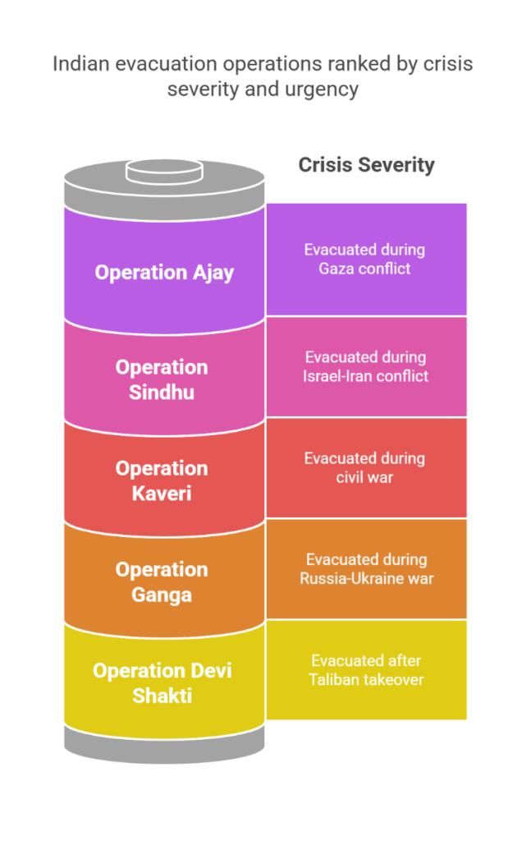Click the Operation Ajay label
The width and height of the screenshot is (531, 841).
[x=164, y=272]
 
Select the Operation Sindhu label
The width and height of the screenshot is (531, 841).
[x=161, y=379]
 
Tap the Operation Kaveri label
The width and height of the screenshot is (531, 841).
[x=161, y=480]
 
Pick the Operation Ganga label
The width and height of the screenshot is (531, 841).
[x=161, y=581]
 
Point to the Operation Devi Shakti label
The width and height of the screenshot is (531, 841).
[x=162, y=682]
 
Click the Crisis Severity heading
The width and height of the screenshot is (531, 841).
[x=366, y=164]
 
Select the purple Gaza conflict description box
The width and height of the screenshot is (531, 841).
[x=366, y=259]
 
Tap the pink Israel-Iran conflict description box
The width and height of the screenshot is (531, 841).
[x=366, y=366]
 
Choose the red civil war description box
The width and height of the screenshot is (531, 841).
[x=366, y=467]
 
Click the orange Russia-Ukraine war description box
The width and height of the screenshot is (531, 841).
[x=366, y=568]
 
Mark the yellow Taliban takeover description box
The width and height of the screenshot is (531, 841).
[x=366, y=669]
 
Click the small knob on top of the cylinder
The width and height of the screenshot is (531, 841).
[x=163, y=172]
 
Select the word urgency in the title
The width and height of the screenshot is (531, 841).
[x=323, y=89]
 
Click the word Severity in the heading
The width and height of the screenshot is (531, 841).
[x=396, y=164]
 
